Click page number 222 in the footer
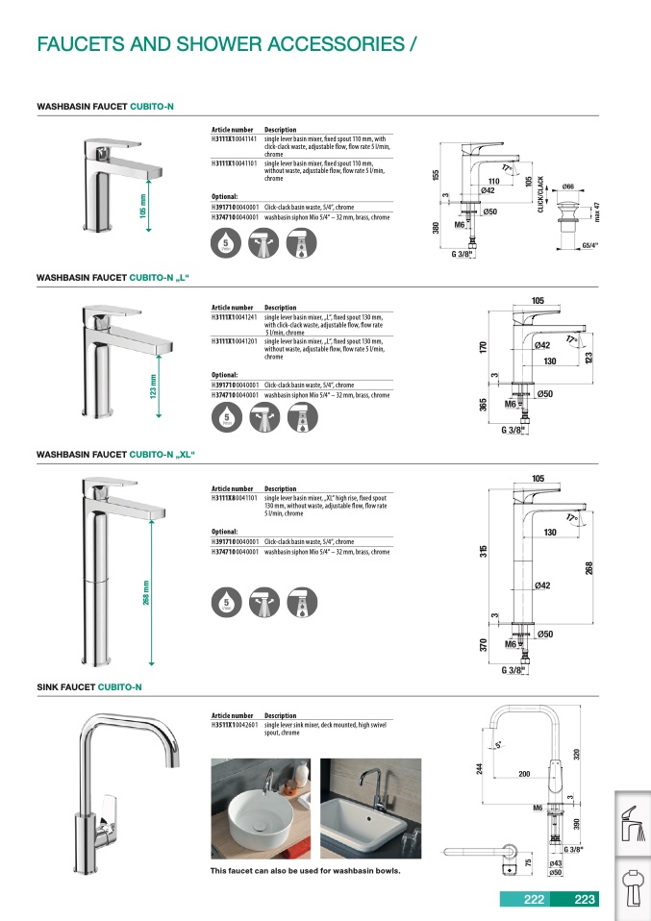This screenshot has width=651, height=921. click(534, 900)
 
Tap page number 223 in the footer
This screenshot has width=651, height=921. click(585, 900)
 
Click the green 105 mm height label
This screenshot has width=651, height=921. click(142, 207)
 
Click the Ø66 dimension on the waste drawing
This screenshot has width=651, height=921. click(568, 186)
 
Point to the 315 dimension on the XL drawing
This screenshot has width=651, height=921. click(484, 552)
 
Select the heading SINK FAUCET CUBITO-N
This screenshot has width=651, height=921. click(89, 687)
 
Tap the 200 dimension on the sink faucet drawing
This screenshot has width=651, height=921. click(525, 773)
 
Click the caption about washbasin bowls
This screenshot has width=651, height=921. click(305, 871)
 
